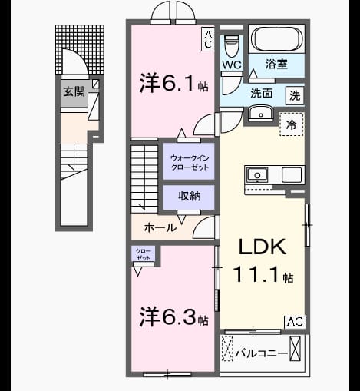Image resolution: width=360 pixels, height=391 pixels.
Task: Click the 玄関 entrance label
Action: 74,91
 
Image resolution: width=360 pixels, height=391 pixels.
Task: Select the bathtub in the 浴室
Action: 277,38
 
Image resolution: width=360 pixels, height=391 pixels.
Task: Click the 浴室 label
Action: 276,64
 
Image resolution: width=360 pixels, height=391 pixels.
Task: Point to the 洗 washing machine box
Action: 295,95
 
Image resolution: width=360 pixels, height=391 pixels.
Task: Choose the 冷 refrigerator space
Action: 292,124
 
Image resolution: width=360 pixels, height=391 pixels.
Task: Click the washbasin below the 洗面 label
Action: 261,113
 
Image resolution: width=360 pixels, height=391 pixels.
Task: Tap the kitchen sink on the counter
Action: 257,175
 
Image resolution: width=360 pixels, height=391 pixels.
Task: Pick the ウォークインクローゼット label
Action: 190,163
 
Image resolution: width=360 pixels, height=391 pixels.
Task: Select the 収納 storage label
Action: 190,196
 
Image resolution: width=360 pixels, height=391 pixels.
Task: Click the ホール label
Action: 160,227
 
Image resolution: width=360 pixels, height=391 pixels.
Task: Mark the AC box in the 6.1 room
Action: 208,39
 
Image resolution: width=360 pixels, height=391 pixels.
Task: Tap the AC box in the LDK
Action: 295,322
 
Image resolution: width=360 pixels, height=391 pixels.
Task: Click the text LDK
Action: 263,247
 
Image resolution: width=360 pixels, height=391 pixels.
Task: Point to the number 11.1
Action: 256,274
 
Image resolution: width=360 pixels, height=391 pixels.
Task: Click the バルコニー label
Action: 262,353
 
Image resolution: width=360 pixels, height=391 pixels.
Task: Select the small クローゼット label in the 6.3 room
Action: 143,254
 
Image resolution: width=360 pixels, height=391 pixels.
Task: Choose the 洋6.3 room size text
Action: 173,317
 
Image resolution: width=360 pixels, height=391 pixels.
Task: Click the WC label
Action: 231,65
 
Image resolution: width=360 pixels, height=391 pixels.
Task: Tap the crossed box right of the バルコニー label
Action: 295,349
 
